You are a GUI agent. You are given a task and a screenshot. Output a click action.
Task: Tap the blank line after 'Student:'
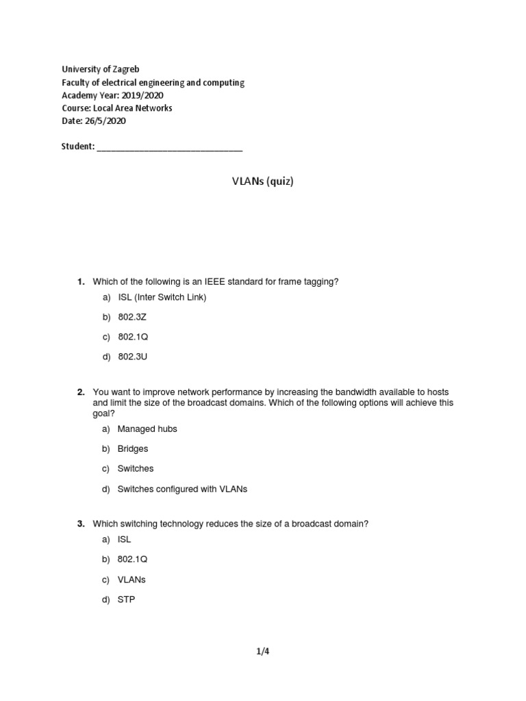[169, 146]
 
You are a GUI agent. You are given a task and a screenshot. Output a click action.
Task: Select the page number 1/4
[263, 652]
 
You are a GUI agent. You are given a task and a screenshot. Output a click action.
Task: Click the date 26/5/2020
[105, 121]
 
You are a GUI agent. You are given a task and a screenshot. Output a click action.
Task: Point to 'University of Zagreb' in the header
[101, 69]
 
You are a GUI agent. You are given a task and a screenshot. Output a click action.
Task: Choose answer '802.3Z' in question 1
[132, 317]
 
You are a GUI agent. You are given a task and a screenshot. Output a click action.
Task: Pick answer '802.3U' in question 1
[132, 357]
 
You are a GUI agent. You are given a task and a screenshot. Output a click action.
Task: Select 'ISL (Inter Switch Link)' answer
[162, 297]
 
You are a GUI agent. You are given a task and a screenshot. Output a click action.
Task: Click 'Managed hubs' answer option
[147, 429]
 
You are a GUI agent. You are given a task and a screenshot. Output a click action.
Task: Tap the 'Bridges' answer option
[133, 448]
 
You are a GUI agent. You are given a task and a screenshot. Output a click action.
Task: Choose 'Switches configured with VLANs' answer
[181, 489]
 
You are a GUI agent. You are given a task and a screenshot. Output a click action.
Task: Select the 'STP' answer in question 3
[127, 600]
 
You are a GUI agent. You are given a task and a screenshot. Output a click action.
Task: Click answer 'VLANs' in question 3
[131, 579]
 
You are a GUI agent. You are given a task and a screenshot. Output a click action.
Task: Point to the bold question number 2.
[80, 392]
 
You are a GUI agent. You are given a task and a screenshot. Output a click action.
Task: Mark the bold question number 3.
[80, 524]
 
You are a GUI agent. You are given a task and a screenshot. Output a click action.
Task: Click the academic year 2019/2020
[137, 95]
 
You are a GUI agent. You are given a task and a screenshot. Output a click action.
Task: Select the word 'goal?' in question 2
[104, 413]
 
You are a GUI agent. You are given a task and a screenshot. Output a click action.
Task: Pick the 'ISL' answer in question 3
[124, 539]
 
